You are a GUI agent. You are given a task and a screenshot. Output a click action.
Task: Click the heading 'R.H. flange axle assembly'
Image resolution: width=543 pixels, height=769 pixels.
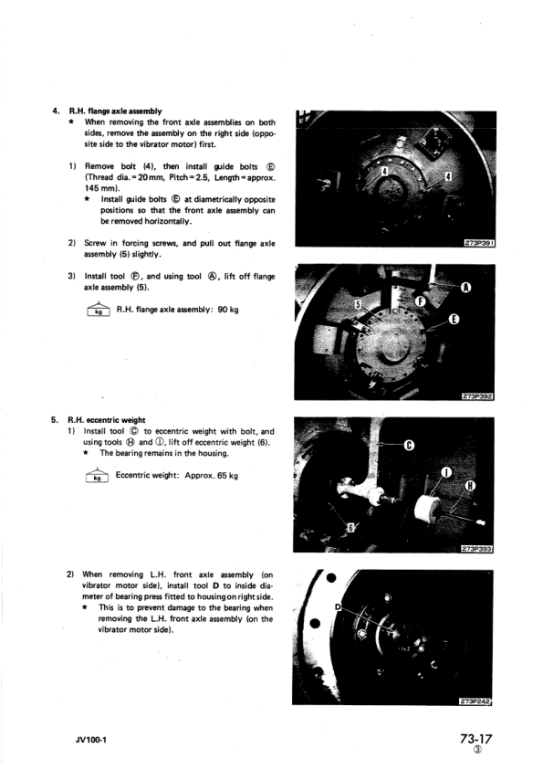pyautogui.click(x=115, y=111)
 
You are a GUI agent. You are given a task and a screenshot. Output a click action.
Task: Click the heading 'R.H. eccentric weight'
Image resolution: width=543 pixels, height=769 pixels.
pyautogui.click(x=107, y=420)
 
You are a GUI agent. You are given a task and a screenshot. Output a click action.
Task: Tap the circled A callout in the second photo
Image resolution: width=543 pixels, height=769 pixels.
pyautogui.click(x=466, y=288)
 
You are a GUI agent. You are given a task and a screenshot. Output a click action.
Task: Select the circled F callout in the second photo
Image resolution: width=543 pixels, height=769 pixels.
pyautogui.click(x=420, y=301)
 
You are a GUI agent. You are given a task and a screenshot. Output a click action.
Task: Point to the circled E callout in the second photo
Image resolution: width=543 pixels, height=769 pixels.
pyautogui.click(x=454, y=320)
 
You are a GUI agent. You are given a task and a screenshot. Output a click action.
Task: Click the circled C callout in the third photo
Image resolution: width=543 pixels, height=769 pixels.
pyautogui.click(x=409, y=445)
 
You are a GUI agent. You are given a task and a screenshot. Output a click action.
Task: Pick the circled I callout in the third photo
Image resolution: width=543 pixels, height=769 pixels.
pyautogui.click(x=446, y=473)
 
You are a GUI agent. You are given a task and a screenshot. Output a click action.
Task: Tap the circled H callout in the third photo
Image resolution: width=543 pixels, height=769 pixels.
pyautogui.click(x=471, y=486)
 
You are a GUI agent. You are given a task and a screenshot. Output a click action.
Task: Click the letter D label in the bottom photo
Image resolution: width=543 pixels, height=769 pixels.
pyautogui.click(x=338, y=606)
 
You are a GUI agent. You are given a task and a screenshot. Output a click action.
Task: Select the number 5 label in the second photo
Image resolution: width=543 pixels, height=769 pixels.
pyautogui.click(x=359, y=305)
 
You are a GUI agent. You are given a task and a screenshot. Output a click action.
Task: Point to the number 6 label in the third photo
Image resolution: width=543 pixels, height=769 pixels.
pyautogui.click(x=350, y=528)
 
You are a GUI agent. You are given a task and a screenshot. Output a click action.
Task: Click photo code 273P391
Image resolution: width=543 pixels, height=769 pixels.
pyautogui.click(x=479, y=243)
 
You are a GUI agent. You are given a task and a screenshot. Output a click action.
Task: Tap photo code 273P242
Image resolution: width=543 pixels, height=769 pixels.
pyautogui.click(x=475, y=701)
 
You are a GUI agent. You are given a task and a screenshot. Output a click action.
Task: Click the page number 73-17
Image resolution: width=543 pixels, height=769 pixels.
pyautogui.click(x=475, y=739)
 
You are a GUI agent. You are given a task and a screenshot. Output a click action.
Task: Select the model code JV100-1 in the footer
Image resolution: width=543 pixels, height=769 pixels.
pyautogui.click(x=90, y=740)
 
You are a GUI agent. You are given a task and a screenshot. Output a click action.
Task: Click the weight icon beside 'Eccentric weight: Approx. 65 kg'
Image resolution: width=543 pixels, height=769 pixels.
pyautogui.click(x=97, y=475)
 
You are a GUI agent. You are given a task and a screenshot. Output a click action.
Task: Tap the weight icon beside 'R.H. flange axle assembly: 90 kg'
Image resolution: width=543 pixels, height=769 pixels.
pyautogui.click(x=99, y=310)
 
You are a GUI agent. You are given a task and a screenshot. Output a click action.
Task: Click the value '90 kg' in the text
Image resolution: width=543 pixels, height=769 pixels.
pyautogui.click(x=228, y=310)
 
